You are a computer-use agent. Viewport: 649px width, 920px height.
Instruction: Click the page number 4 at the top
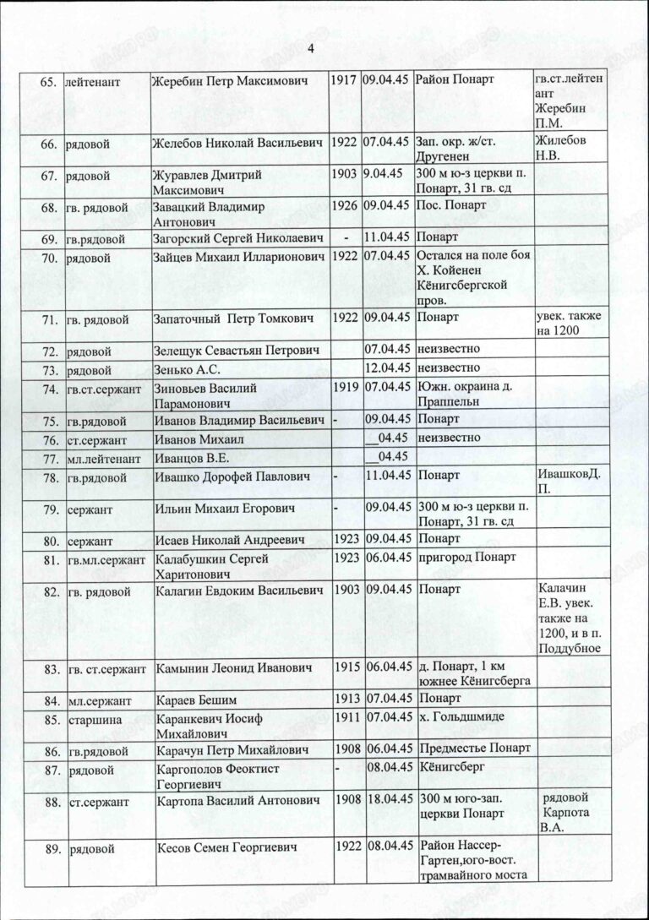coord(311,49)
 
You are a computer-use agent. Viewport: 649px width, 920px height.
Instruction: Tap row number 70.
coord(49,255)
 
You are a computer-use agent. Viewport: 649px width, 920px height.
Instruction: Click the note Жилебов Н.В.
coord(560,146)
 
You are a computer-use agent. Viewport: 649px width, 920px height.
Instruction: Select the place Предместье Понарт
coord(473,749)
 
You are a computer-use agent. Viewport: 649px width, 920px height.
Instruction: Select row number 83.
coord(49,669)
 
